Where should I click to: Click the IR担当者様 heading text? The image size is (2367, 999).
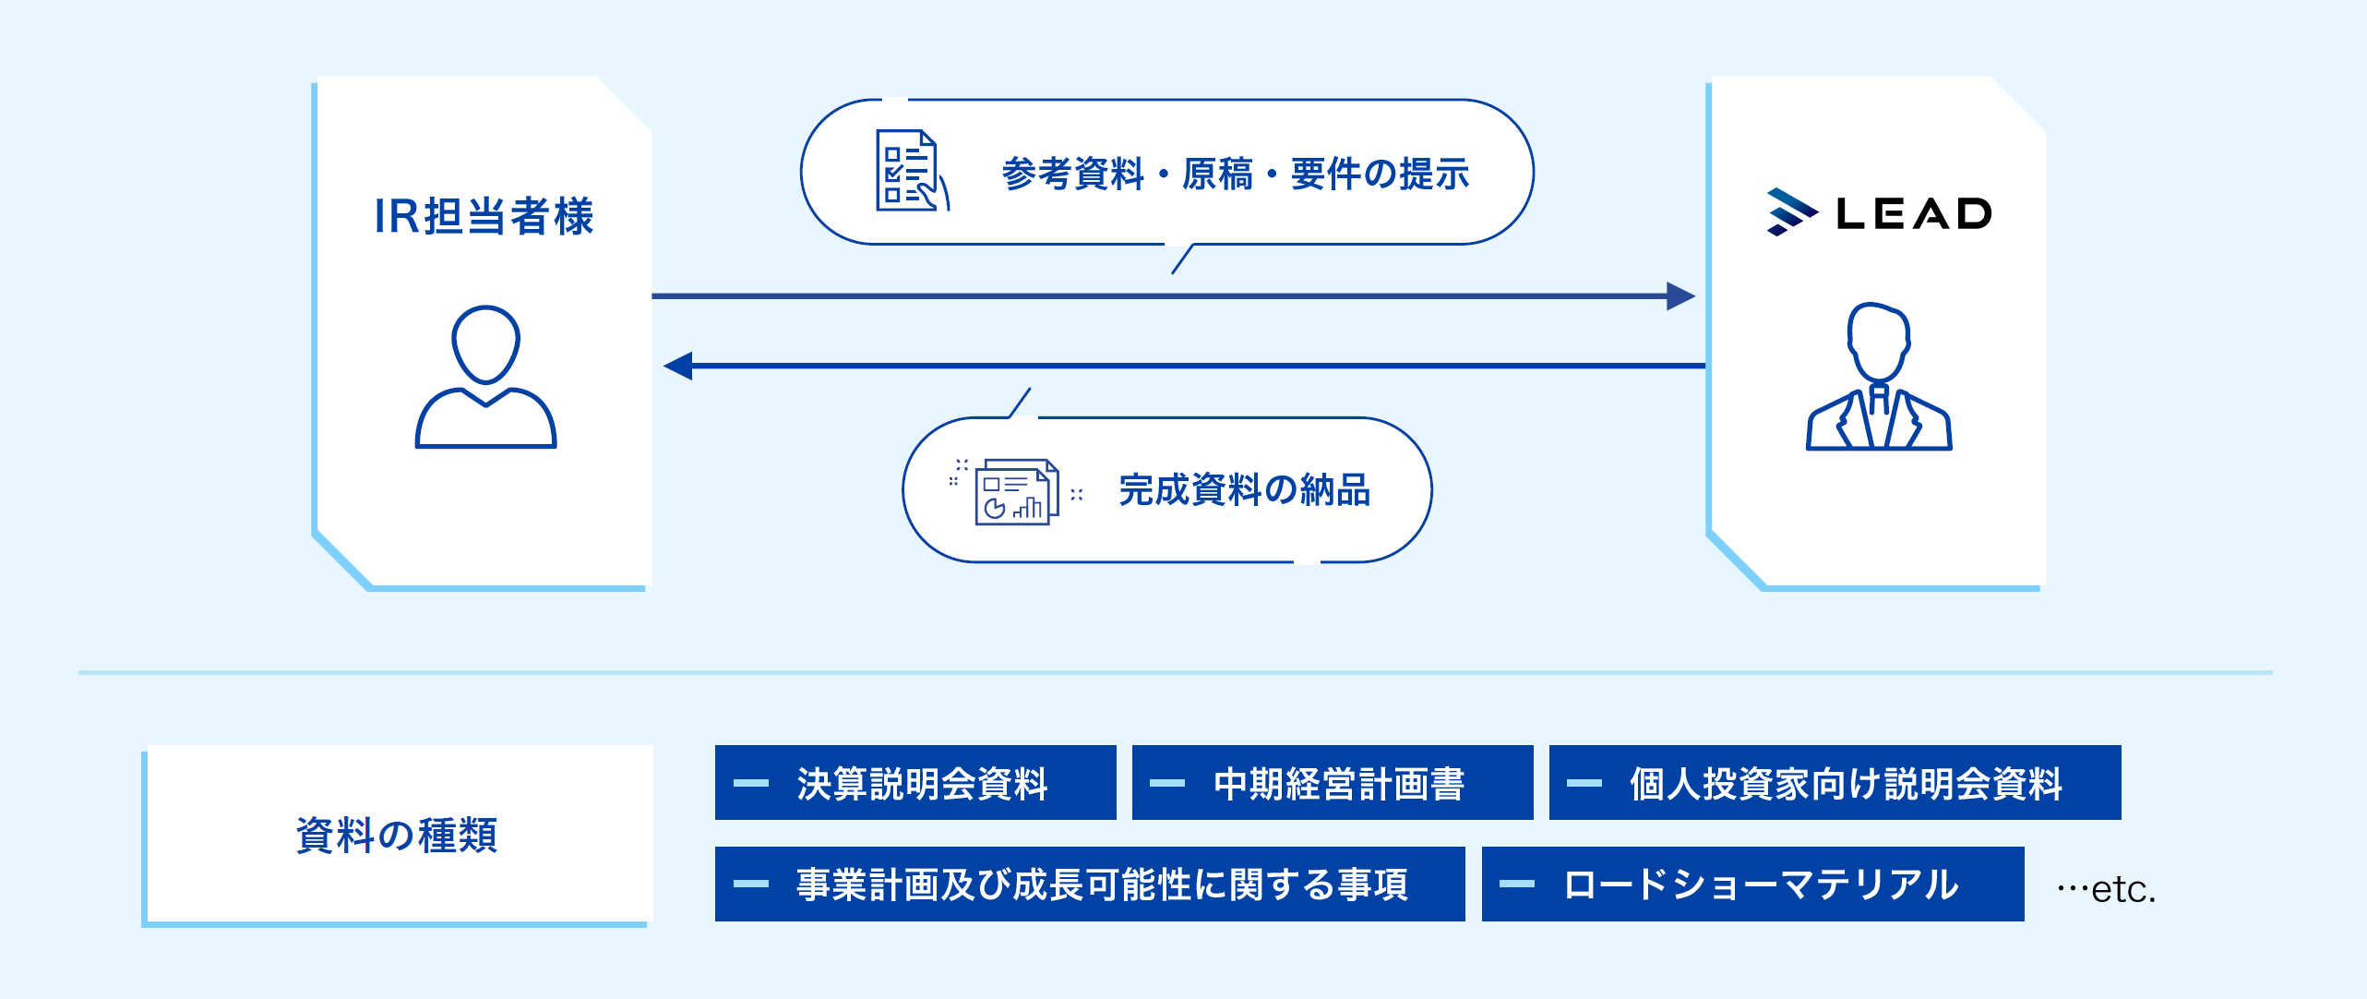(x=484, y=216)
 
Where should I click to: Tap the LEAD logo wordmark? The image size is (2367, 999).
(x=1914, y=214)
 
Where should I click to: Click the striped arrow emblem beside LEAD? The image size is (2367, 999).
(x=1789, y=212)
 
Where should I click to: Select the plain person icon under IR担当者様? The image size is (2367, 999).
(x=485, y=378)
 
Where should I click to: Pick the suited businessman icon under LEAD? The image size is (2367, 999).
(x=1879, y=378)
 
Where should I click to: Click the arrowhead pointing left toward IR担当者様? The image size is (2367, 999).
(x=679, y=366)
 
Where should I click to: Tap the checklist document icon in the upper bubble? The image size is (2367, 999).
(x=910, y=172)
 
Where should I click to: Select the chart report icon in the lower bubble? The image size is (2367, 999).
(x=1015, y=492)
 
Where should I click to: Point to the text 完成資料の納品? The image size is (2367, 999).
(x=1244, y=490)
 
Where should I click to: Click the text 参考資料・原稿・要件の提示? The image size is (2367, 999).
(x=1235, y=174)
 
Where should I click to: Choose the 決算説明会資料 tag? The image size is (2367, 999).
(x=915, y=783)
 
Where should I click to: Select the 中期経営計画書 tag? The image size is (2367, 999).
(x=1333, y=783)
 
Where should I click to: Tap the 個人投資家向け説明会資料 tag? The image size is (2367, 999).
(x=1835, y=783)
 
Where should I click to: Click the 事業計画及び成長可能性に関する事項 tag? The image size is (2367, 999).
(x=1090, y=885)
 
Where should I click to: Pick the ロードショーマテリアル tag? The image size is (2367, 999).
(x=1752, y=885)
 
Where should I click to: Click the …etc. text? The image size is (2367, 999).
(x=2106, y=889)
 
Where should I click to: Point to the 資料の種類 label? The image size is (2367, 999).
(x=397, y=835)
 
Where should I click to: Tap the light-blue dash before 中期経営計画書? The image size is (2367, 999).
(x=1167, y=783)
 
